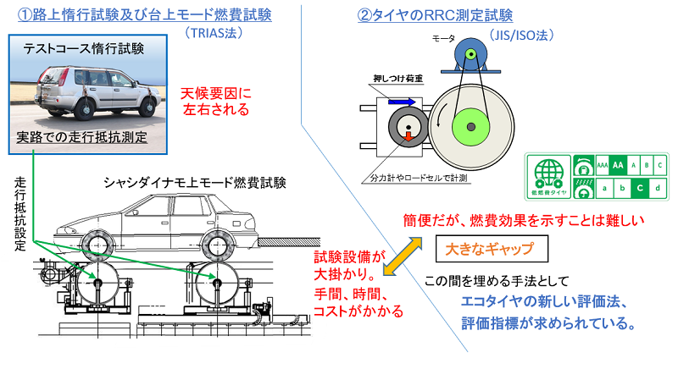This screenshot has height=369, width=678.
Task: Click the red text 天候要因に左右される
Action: point(215,100)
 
